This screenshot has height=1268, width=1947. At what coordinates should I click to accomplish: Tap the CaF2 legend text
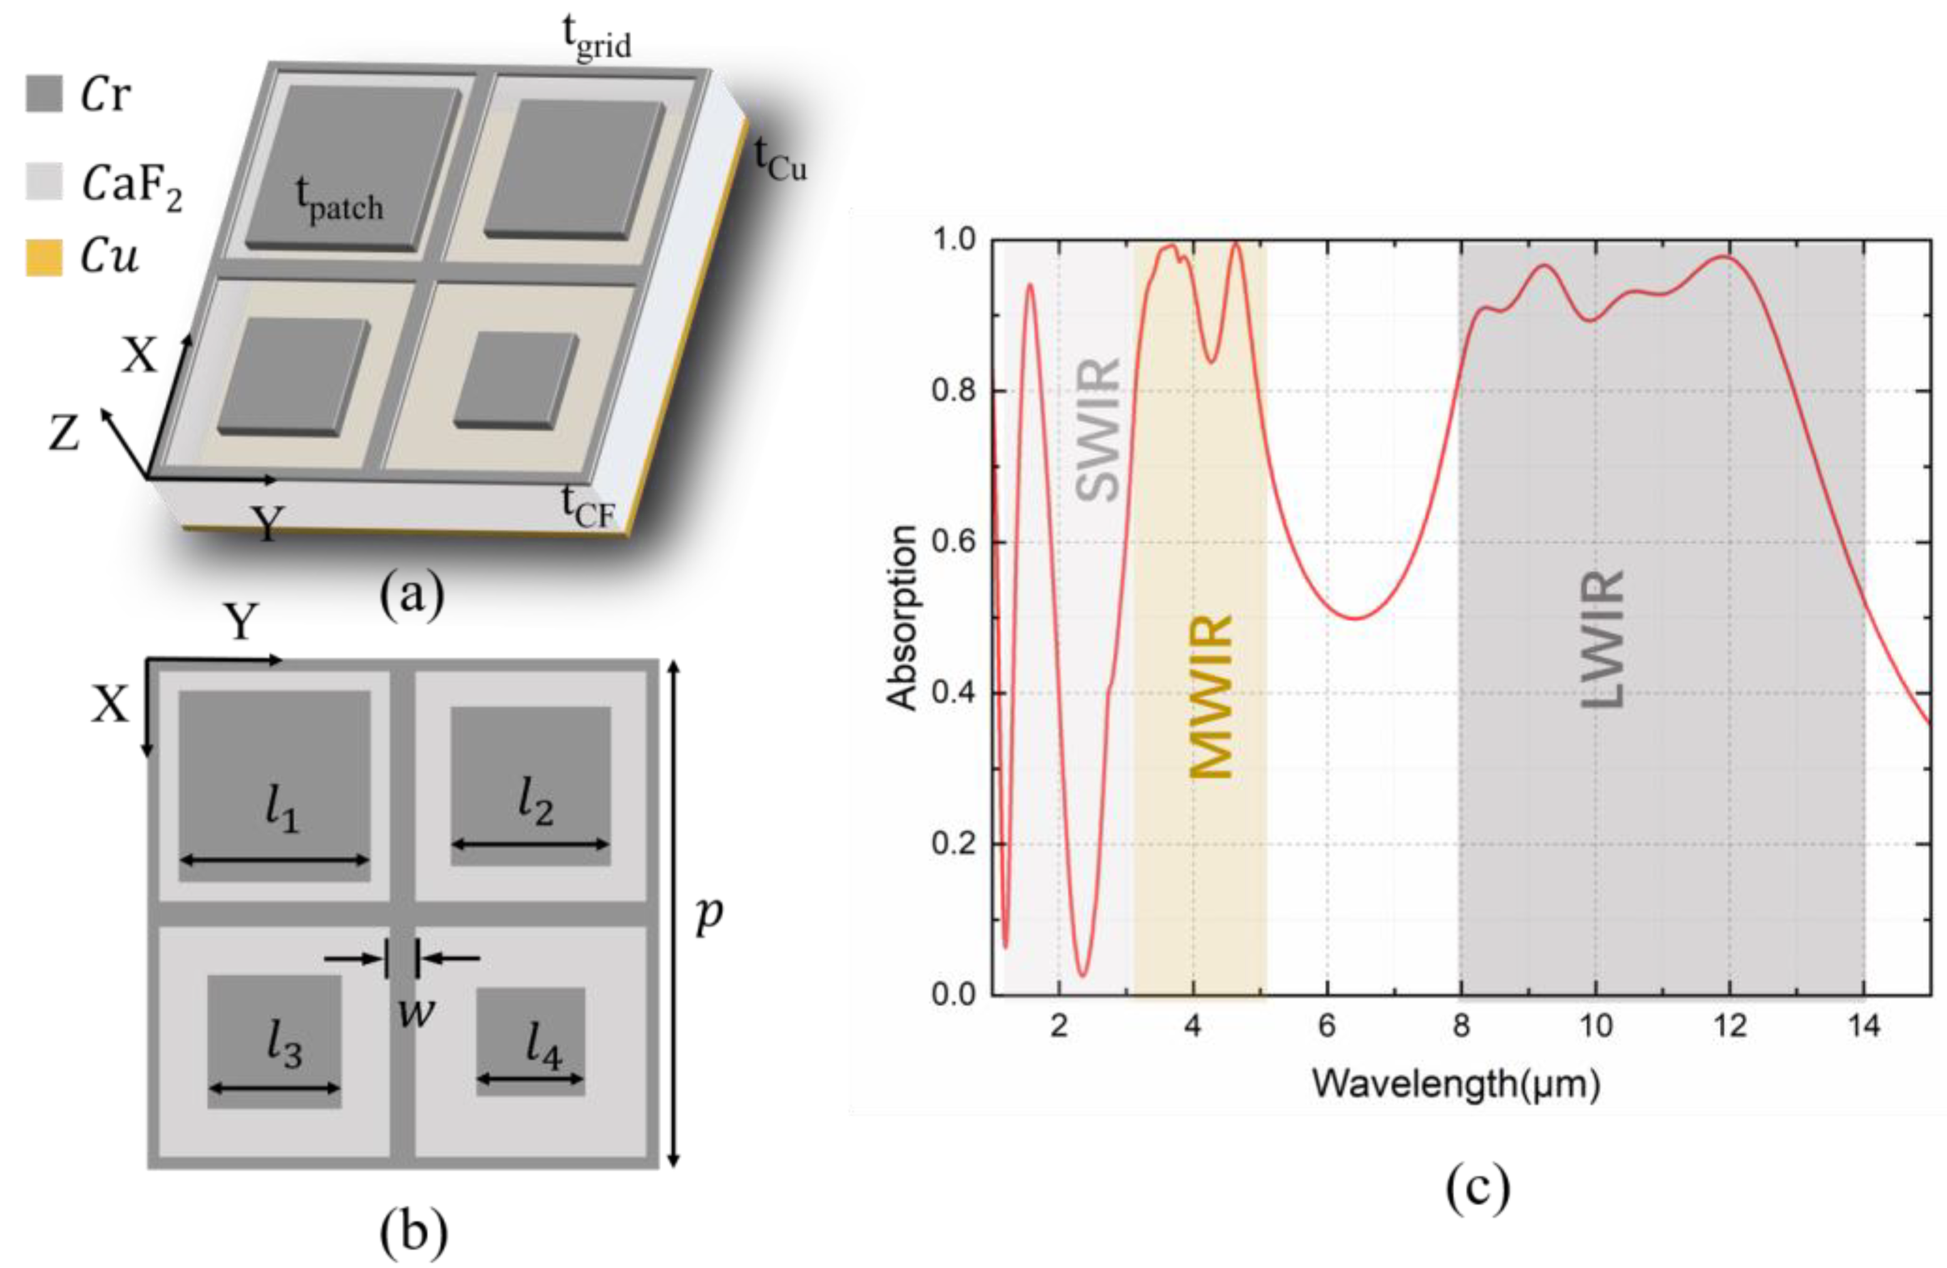pyautogui.click(x=131, y=185)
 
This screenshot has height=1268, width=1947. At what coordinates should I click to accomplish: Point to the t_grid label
pyautogui.click(x=597, y=38)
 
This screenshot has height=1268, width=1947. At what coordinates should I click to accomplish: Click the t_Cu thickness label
pyautogui.click(x=779, y=160)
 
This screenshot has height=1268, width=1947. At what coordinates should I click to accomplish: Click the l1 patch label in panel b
pyautogui.click(x=282, y=812)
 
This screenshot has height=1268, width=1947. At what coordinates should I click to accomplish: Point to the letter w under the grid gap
pyautogui.click(x=416, y=1013)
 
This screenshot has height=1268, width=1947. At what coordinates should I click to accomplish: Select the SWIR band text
pyautogui.click(x=1097, y=429)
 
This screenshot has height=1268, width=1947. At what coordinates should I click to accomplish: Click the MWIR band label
pyautogui.click(x=1210, y=695)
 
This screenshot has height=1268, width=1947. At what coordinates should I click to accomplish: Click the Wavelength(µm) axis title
pyautogui.click(x=1456, y=1084)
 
